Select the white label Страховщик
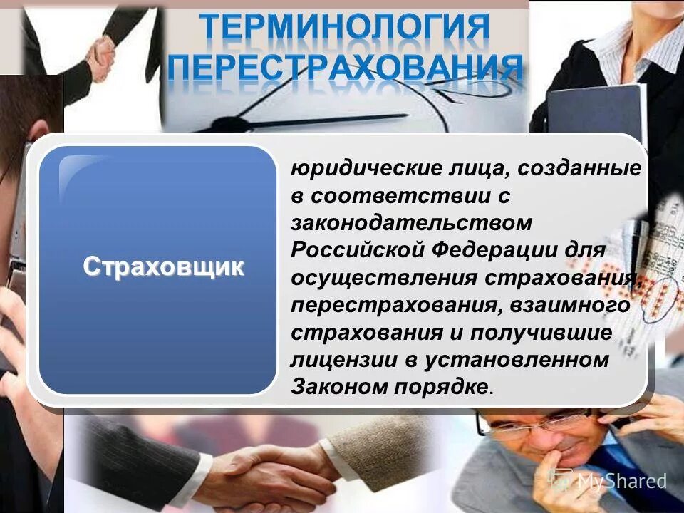(164, 266)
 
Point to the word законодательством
(411, 222)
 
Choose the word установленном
(518, 360)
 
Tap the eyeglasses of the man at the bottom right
(531, 425)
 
